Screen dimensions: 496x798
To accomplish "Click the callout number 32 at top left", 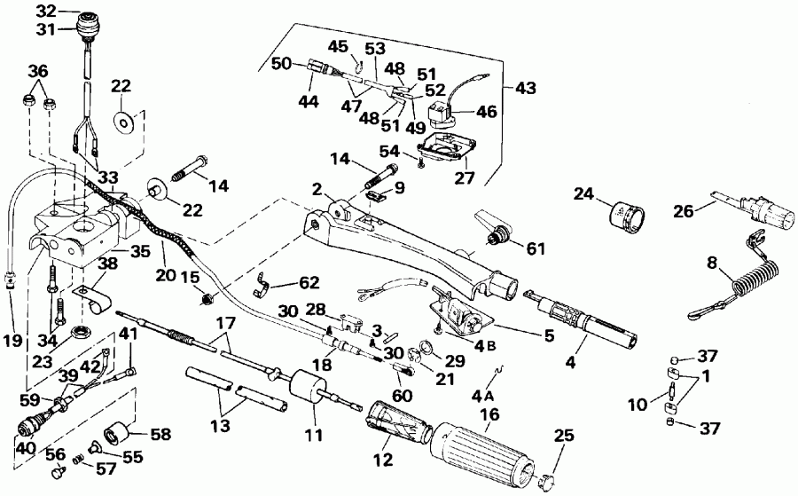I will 44,11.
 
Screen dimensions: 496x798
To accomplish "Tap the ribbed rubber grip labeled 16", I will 483,448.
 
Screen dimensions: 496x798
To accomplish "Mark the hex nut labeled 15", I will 203,297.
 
